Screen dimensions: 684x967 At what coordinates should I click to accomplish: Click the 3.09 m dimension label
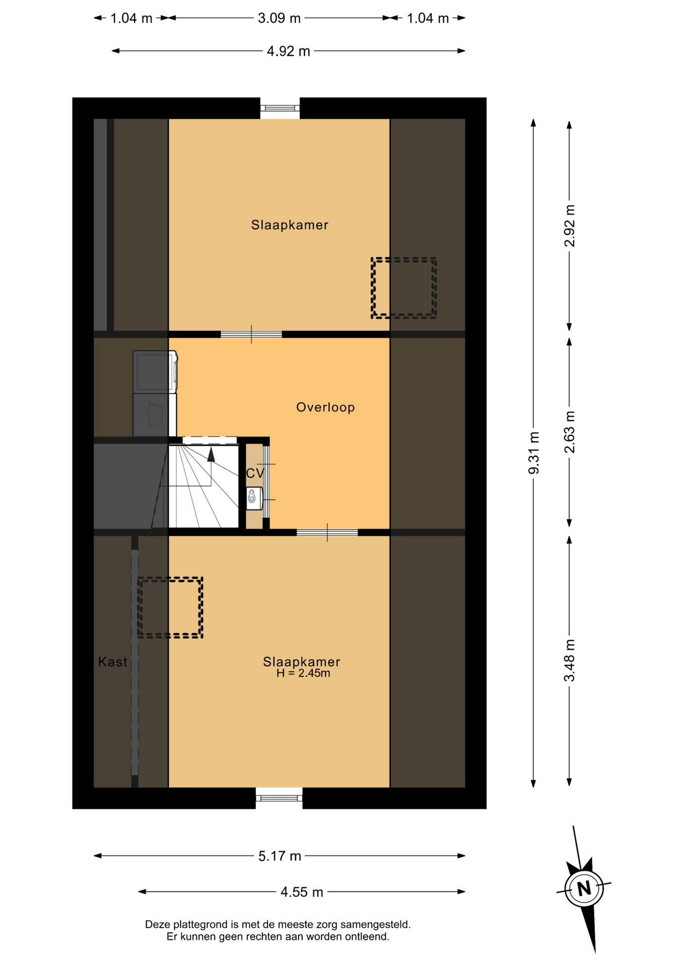279,19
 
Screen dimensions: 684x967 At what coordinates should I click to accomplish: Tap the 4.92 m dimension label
288,51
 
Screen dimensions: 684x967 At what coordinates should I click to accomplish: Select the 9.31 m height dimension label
534,453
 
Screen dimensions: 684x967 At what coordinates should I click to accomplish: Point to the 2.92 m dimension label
570,226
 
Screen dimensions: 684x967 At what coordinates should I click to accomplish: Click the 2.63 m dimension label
570,432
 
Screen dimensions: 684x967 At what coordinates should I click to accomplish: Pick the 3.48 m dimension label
570,660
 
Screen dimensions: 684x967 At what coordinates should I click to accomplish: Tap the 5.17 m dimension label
280,856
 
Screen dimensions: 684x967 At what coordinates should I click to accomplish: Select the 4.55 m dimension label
302,892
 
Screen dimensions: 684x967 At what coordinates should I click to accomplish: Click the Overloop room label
325,407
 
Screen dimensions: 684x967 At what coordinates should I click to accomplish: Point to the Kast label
113,662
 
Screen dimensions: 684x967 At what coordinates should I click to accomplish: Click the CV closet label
255,473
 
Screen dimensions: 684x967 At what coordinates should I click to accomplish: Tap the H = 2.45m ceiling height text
303,673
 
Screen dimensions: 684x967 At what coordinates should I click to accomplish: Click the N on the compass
584,888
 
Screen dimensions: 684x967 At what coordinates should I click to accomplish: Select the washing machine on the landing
155,372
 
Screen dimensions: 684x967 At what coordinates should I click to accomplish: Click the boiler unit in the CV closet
254,498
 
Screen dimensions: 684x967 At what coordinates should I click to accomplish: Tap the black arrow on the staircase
211,455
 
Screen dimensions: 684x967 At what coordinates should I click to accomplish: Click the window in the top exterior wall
280,108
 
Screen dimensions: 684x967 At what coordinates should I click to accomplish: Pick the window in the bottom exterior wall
279,798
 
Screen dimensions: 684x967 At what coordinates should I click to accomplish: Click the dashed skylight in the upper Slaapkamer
404,288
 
